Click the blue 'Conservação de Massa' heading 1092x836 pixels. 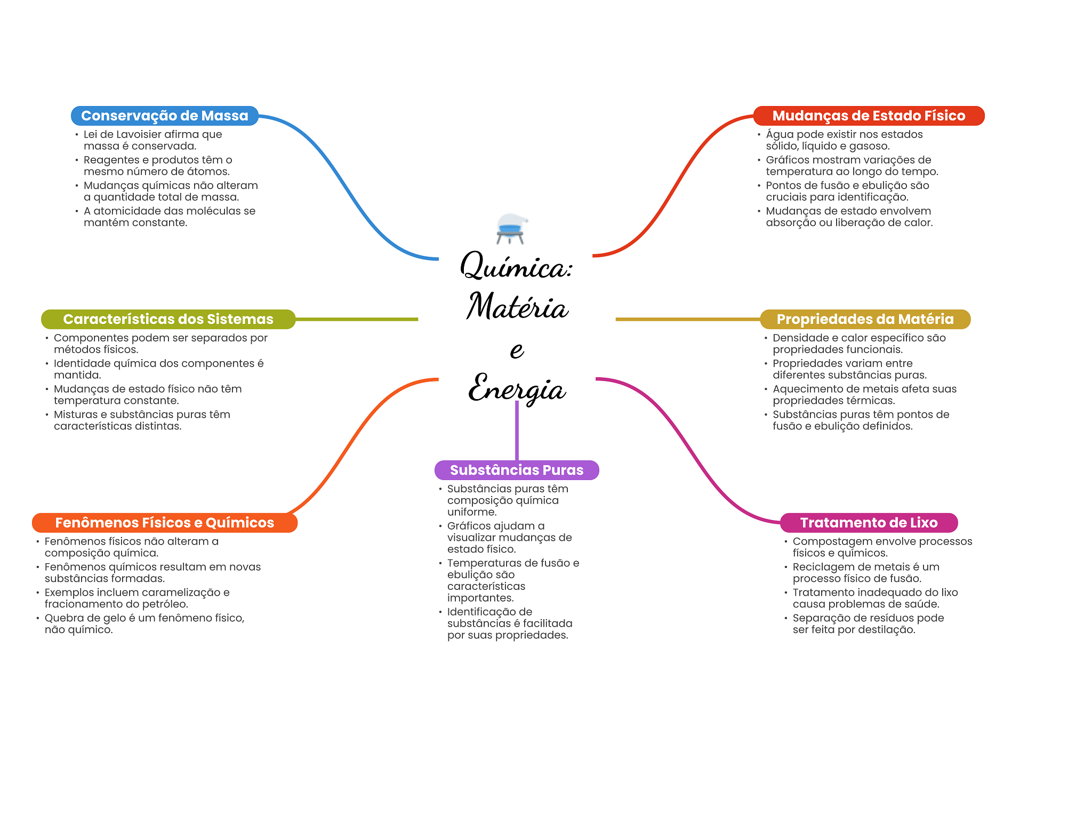click(x=164, y=116)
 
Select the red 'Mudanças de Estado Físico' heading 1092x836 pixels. click(x=868, y=116)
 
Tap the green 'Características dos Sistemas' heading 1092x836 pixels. click(x=168, y=319)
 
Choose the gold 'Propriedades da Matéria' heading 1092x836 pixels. click(x=865, y=319)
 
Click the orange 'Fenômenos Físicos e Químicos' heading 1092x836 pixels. click(x=164, y=523)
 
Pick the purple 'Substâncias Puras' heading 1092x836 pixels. click(x=516, y=470)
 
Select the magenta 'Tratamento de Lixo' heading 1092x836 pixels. click(x=868, y=523)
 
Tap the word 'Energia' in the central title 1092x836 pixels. click(x=516, y=389)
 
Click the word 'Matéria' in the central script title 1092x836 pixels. click(x=517, y=308)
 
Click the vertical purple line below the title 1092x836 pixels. click(x=517, y=432)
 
